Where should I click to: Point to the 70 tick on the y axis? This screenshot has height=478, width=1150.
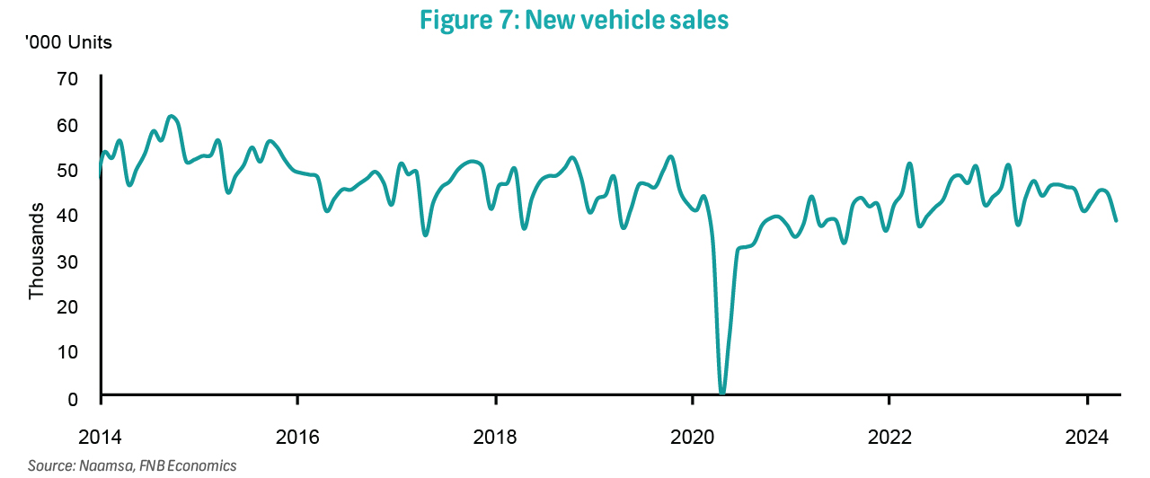click(69, 78)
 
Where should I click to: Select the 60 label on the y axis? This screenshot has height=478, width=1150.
click(69, 124)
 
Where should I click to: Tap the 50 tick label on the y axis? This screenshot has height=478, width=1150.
click(69, 170)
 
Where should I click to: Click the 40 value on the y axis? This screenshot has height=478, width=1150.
click(69, 216)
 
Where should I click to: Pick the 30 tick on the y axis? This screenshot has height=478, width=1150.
click(69, 261)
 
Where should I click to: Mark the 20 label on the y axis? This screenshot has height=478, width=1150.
click(69, 306)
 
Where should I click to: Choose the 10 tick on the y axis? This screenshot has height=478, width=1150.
click(69, 352)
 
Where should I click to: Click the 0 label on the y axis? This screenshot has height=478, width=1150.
click(74, 398)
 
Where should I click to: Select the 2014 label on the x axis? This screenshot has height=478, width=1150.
click(100, 438)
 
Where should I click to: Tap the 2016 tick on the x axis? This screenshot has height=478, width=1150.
click(297, 438)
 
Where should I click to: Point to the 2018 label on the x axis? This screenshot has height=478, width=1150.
click(495, 438)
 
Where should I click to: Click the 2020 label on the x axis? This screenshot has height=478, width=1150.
click(692, 438)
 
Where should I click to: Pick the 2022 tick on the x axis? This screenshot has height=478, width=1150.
click(889, 438)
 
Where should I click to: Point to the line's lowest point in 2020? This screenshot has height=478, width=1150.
click(722, 393)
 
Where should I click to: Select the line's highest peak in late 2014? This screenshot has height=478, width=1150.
click(172, 117)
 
